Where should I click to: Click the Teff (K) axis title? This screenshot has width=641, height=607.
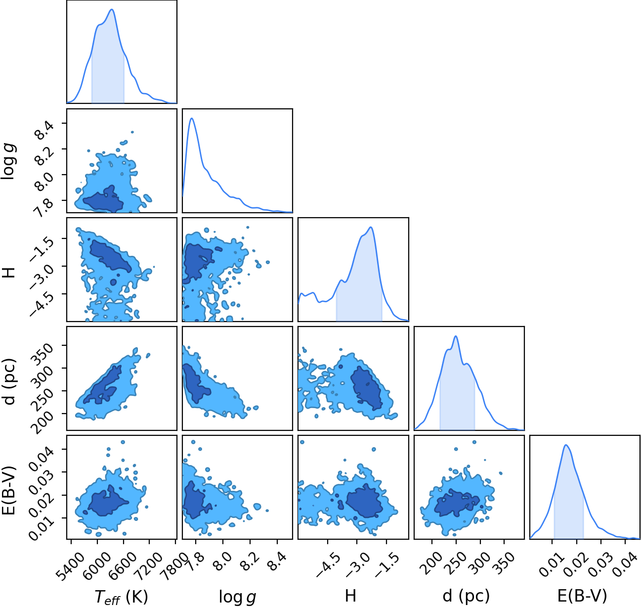[121, 597]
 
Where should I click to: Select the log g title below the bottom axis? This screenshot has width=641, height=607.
[237, 597]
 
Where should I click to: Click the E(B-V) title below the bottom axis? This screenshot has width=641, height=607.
[582, 596]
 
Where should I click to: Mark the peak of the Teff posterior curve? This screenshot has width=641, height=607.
[112, 9]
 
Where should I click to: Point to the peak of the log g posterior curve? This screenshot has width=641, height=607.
[192, 118]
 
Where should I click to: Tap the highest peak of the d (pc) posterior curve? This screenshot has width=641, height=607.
[456, 336]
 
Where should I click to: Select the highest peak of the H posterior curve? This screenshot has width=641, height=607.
[370, 227]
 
